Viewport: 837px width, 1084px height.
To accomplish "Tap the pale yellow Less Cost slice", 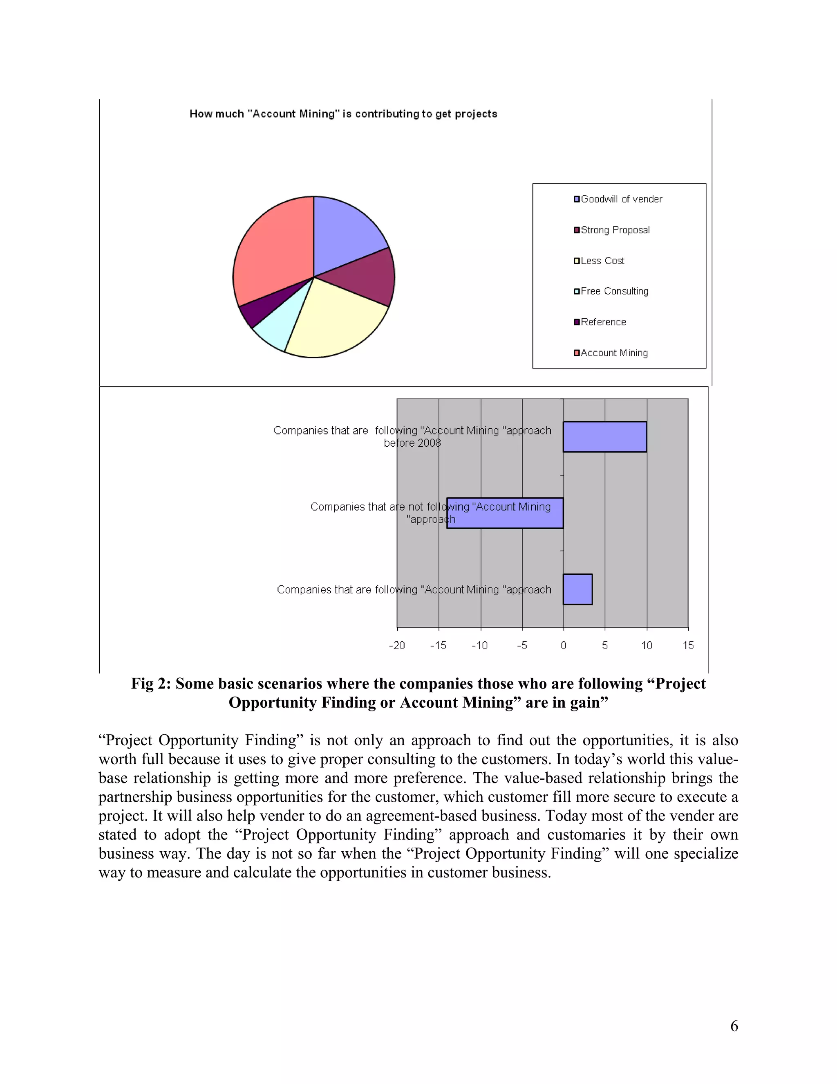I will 332,323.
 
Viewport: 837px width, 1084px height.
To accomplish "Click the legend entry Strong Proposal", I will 615,230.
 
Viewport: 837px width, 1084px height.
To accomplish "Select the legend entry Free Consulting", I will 614,291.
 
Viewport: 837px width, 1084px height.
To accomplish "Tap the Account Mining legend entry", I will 614,353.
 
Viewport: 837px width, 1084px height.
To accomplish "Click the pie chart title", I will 343,114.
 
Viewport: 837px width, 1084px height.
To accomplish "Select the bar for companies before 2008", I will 604,437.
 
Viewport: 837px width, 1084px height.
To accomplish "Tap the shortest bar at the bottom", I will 577,589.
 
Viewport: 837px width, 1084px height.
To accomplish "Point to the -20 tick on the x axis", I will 397,645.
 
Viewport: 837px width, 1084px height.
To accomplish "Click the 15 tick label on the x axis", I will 688,645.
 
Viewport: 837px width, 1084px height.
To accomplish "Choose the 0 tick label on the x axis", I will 563,645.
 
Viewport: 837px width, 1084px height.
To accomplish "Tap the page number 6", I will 734,1026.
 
